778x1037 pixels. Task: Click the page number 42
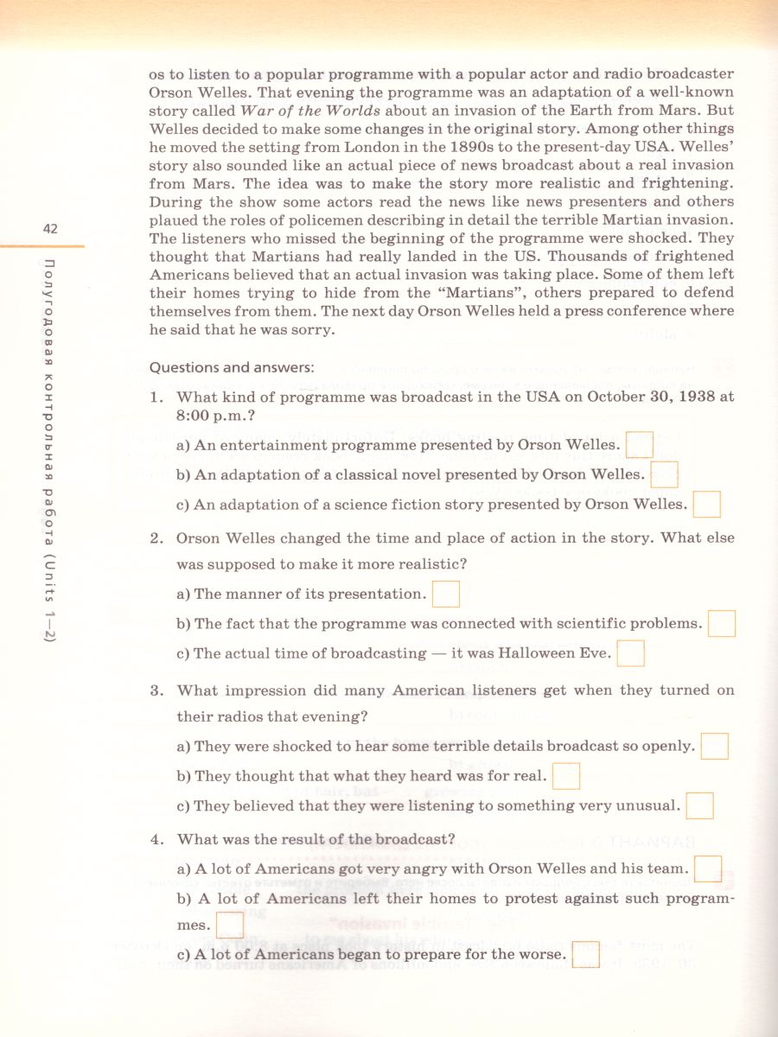pos(49,229)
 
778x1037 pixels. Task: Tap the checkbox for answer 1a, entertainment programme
pos(639,444)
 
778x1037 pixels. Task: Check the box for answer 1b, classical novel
pos(664,474)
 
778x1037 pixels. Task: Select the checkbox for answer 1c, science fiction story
pos(706,503)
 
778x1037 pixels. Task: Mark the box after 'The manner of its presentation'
pos(445,594)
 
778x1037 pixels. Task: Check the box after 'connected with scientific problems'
pos(722,623)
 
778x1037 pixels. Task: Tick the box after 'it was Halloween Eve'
pos(631,652)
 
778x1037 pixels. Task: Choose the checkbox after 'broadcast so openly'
pos(714,745)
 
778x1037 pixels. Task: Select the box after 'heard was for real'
pos(565,775)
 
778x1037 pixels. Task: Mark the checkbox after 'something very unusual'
pos(699,805)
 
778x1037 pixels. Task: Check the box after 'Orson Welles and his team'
pos(708,868)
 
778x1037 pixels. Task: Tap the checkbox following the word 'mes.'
pos(229,926)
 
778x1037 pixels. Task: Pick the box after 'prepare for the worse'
pos(585,954)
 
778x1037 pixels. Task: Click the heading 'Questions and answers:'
pos(231,367)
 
